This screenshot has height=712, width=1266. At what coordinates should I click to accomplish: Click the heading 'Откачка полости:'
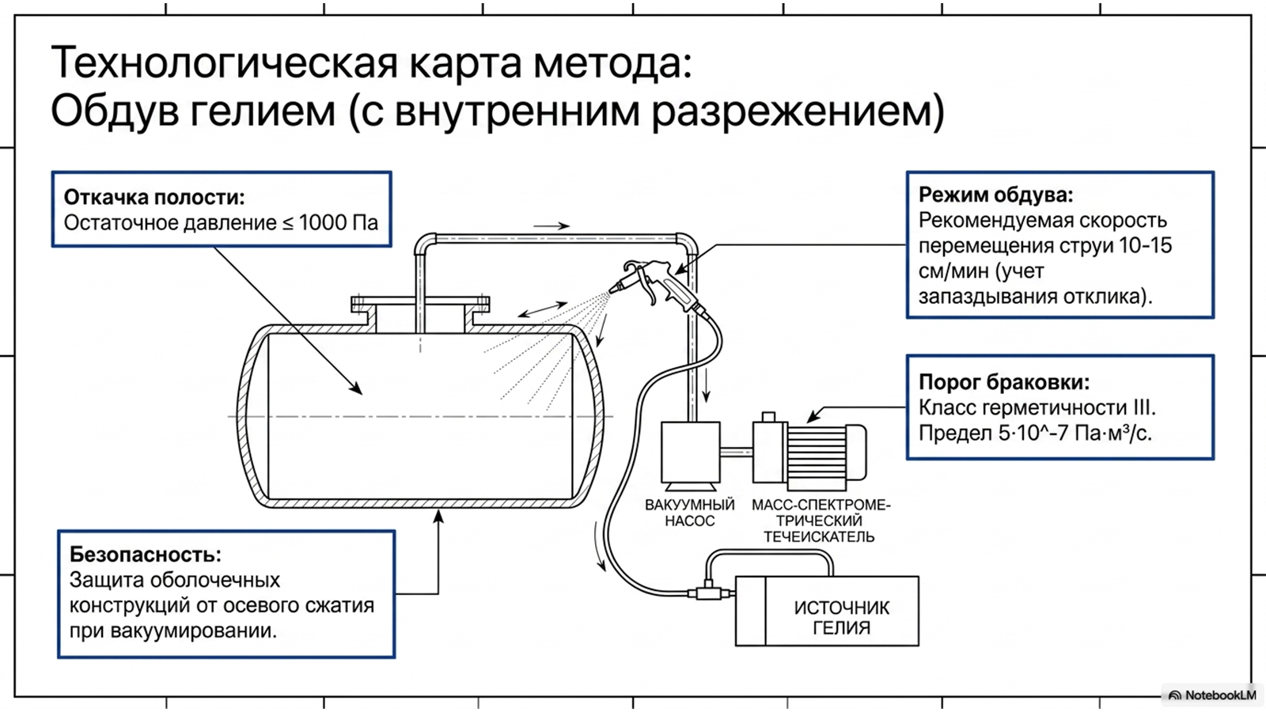[154, 197]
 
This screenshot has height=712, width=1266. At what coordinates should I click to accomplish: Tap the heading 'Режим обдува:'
[996, 195]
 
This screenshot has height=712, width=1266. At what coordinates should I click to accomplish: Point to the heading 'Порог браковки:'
[1004, 382]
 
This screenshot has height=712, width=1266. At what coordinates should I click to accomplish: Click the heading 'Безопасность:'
[146, 555]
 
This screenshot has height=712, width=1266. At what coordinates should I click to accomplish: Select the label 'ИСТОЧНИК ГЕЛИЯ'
[842, 617]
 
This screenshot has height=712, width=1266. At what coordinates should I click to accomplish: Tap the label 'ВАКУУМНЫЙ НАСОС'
[689, 513]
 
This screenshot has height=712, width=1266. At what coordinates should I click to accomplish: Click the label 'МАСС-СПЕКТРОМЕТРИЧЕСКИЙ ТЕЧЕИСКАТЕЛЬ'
[820, 521]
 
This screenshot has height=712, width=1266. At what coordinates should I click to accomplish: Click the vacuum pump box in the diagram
[691, 456]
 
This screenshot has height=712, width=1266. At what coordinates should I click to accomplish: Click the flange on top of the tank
[420, 304]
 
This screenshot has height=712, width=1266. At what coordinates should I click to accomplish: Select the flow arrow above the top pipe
[551, 226]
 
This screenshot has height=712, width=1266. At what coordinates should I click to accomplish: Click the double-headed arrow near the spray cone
[542, 309]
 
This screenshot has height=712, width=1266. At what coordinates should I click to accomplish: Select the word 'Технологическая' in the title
[224, 62]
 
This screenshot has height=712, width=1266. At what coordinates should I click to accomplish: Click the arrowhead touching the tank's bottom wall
[438, 516]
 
